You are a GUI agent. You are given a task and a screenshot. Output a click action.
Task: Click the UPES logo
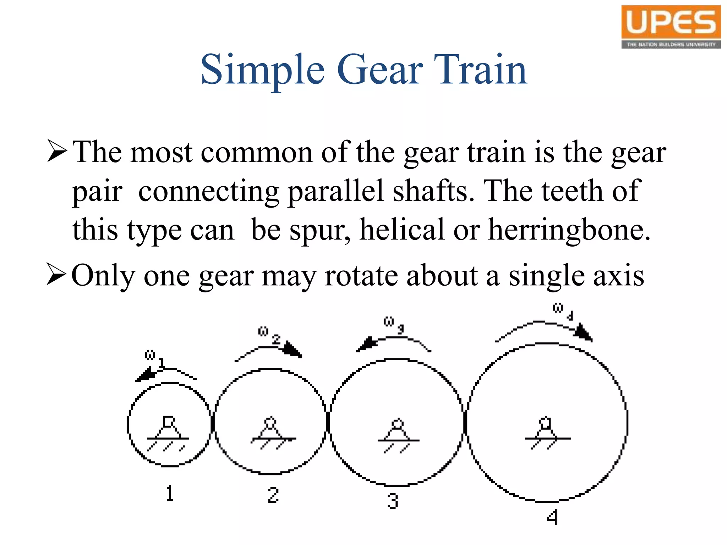[x=671, y=27]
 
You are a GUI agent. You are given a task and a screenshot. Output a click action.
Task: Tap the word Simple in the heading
[x=262, y=70]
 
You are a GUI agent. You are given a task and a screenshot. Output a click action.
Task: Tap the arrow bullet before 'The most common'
[x=57, y=152]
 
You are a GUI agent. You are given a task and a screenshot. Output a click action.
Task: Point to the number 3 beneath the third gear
[x=393, y=501]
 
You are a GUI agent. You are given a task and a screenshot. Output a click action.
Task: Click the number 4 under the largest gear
[x=552, y=517]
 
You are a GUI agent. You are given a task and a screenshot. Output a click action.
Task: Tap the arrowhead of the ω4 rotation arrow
[x=583, y=333]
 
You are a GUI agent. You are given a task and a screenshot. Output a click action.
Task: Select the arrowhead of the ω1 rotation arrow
[x=144, y=375]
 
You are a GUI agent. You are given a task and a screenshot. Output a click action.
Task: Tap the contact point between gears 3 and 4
[x=465, y=422]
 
